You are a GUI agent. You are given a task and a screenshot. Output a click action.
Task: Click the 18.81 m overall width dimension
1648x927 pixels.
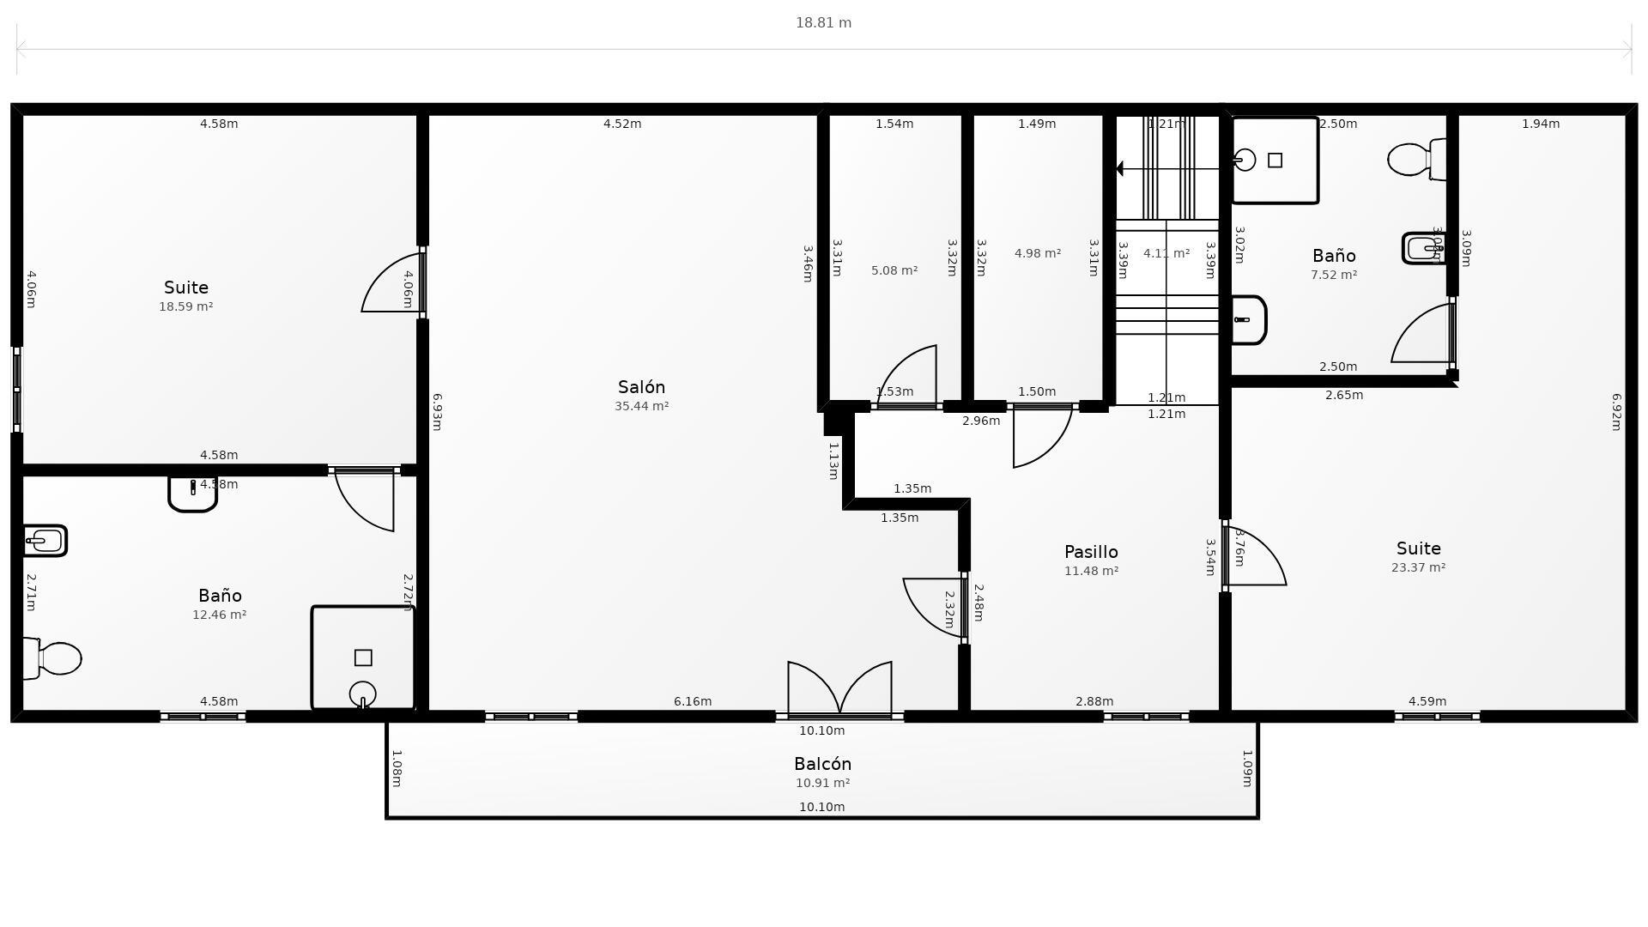click(823, 23)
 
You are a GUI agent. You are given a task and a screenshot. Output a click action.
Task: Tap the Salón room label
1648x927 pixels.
click(641, 387)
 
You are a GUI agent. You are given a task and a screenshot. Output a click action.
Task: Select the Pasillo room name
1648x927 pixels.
click(1091, 552)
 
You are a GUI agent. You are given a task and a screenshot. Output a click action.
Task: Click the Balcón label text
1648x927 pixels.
click(822, 764)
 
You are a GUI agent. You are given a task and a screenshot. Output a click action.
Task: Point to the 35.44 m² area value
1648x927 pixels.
click(641, 406)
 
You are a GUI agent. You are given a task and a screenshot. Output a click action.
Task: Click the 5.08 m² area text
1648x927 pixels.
click(894, 270)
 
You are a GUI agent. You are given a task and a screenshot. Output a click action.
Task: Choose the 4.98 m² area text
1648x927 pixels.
click(1038, 253)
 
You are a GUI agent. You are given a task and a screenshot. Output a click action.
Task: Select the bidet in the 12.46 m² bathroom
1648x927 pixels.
click(45, 541)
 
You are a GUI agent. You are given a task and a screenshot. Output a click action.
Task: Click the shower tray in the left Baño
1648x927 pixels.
click(363, 658)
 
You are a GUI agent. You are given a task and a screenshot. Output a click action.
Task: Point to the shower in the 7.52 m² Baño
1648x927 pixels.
click(1275, 161)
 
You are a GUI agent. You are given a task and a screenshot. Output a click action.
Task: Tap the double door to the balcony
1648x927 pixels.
click(839, 689)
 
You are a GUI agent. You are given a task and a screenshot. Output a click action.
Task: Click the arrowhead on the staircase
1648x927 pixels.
click(1119, 169)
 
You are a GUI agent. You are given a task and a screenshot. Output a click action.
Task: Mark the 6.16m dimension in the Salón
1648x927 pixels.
click(692, 701)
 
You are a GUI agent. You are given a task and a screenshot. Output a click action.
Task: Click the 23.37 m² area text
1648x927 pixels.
click(1418, 567)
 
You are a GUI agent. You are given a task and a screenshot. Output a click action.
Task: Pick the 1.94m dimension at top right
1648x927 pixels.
click(1540, 124)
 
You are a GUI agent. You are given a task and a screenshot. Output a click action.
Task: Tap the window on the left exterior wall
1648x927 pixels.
click(16, 390)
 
